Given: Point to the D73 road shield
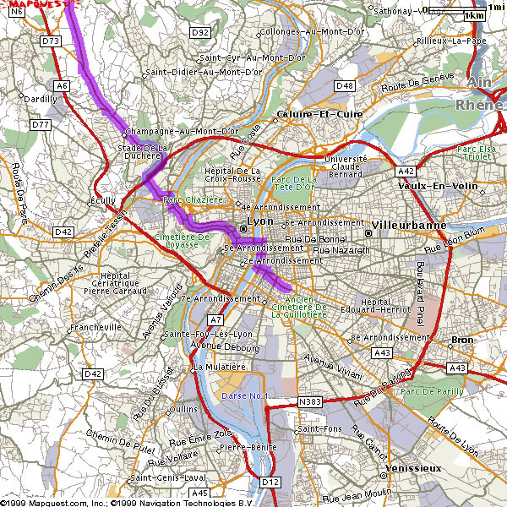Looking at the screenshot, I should (x=52, y=40).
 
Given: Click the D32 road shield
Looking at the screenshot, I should (x=199, y=32).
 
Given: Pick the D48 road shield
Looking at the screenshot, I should (x=345, y=85).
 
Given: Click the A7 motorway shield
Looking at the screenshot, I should (x=215, y=320).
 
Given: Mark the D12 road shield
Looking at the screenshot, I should (x=270, y=482).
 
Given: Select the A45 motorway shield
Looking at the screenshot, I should (x=199, y=493).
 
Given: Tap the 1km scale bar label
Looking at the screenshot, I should (x=475, y=15).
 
